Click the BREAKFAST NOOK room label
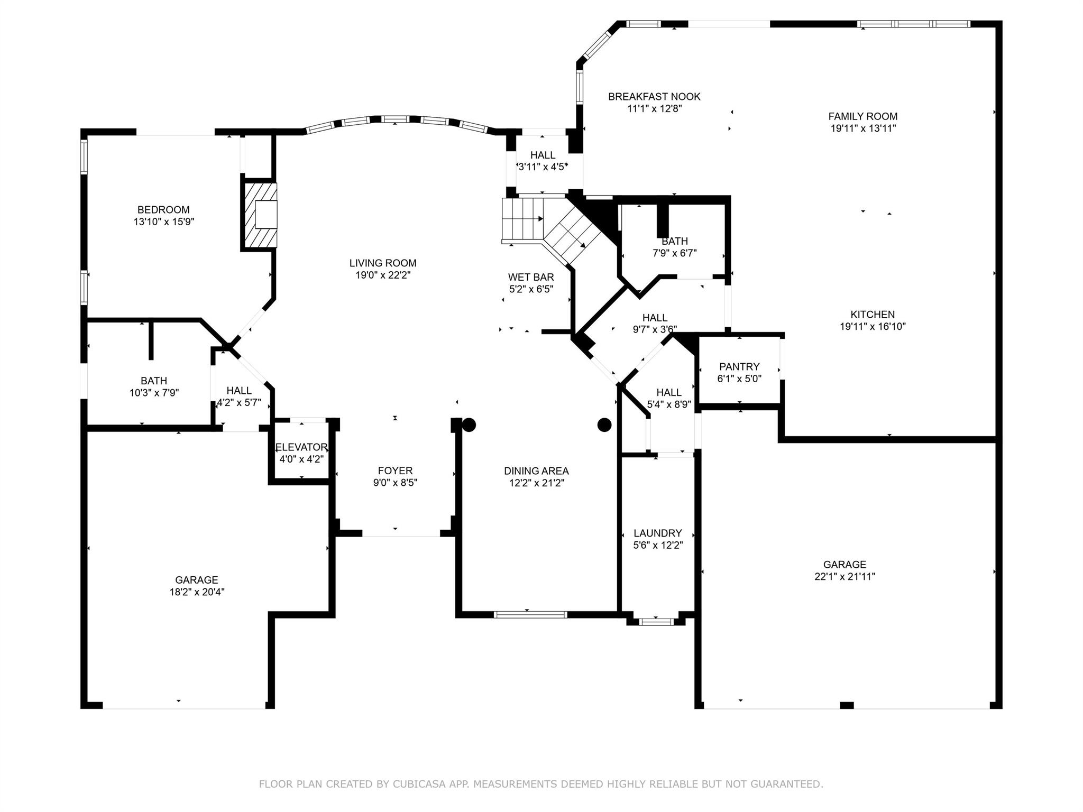(654, 97)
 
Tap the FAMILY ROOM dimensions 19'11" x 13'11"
(863, 128)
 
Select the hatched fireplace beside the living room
(260, 215)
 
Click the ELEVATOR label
(301, 447)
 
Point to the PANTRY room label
(739, 366)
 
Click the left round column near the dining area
(469, 425)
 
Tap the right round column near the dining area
(604, 425)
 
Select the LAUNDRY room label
(658, 533)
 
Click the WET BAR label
(531, 277)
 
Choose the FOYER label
(395, 470)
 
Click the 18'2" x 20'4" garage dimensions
(197, 592)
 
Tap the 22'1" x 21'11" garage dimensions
(845, 577)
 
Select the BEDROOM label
(163, 210)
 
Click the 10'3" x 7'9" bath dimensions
(154, 393)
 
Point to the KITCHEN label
(873, 315)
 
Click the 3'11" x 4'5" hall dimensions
(543, 167)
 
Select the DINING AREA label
(536, 470)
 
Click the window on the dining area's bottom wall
(530, 614)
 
